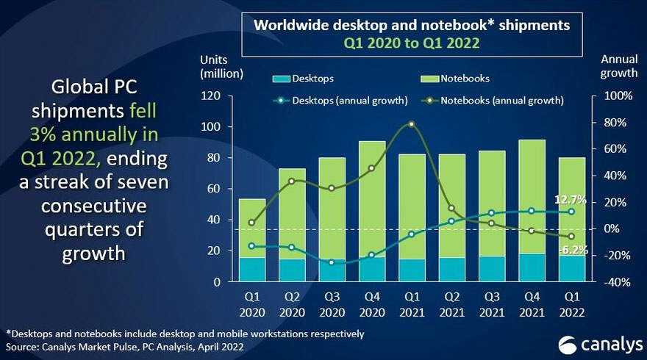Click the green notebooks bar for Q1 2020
point(253,228)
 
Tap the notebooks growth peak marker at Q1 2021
point(412,124)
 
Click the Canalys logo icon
point(566,342)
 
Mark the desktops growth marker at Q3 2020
point(332,262)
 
